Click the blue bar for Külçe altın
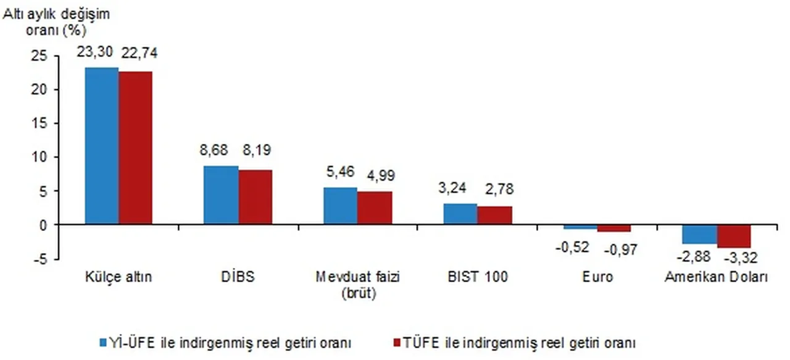pyautogui.click(x=102, y=146)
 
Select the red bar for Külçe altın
pyautogui.click(x=136, y=148)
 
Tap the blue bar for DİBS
pyautogui.click(x=222, y=196)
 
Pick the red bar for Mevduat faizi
pyautogui.click(x=375, y=209)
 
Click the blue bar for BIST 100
pyautogui.click(x=460, y=214)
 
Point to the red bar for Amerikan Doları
pyautogui.click(x=734, y=237)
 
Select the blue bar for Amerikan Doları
pyautogui.click(x=699, y=235)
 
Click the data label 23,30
pyautogui.click(x=94, y=53)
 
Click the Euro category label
pyautogui.click(x=597, y=277)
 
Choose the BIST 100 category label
pyautogui.click(x=478, y=277)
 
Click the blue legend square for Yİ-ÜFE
pyautogui.click(x=104, y=342)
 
